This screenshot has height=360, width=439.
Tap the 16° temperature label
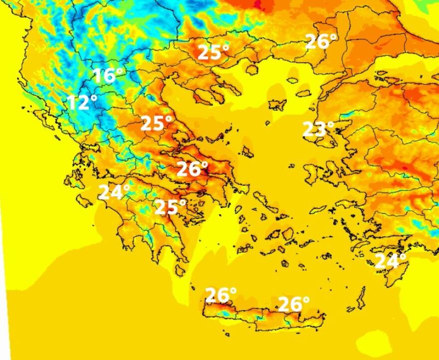(x=108, y=76)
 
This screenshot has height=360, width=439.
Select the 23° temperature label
(x=318, y=129)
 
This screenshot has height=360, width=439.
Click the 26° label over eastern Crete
(x=294, y=304)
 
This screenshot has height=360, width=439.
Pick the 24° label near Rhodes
(x=391, y=261)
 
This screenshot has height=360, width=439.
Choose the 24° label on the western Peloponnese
(x=115, y=192)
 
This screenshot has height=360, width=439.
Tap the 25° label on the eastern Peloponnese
(x=171, y=206)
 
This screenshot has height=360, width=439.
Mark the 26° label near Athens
(x=193, y=169)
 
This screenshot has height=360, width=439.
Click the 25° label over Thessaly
(x=157, y=123)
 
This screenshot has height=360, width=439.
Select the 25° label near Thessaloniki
(x=214, y=52)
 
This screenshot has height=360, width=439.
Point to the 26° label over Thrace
(x=321, y=41)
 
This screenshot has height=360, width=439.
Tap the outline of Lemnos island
(x=277, y=105)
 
